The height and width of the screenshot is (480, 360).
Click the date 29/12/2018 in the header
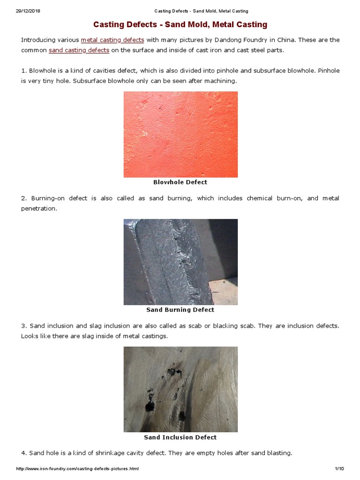(28, 11)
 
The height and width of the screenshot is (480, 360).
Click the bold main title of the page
(180, 24)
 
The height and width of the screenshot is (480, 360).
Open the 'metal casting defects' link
(112, 40)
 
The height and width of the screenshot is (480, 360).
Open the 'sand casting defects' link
(79, 50)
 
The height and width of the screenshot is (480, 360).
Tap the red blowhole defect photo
(180, 134)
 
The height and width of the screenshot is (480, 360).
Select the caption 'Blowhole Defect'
(180, 182)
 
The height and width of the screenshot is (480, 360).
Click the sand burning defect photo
(180, 262)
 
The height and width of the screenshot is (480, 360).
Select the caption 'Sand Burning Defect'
(180, 310)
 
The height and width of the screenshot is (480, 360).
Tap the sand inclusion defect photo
(180, 389)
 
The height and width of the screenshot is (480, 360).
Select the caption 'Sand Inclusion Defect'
(180, 437)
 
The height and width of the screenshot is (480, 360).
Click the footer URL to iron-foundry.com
(77, 469)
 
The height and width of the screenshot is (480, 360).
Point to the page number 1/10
(339, 469)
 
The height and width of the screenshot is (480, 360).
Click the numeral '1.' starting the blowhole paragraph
(24, 71)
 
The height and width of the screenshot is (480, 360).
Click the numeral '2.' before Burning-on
(24, 198)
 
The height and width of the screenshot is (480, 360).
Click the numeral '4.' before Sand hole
(24, 453)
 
